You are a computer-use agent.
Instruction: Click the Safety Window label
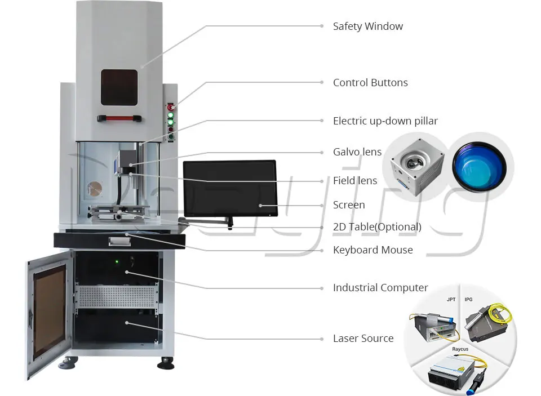pyautogui.click(x=368, y=26)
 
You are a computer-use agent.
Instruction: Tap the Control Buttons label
pyautogui.click(x=370, y=83)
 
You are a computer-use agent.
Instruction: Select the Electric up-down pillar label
pyautogui.click(x=385, y=121)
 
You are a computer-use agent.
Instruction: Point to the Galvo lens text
pyautogui.click(x=357, y=152)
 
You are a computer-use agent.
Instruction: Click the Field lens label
pyautogui.click(x=354, y=180)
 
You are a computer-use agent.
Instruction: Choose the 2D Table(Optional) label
pyautogui.click(x=377, y=227)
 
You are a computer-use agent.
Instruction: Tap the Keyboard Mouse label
pyautogui.click(x=373, y=250)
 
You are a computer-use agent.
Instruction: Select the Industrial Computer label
pyautogui.click(x=380, y=288)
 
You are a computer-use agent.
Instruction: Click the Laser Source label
pyautogui.click(x=363, y=339)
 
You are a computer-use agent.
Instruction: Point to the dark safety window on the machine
pyautogui.click(x=119, y=87)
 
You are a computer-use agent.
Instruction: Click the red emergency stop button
pyautogui.click(x=170, y=107)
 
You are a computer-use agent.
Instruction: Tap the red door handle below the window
pyautogui.click(x=119, y=119)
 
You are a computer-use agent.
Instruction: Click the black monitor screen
pyautogui.click(x=230, y=188)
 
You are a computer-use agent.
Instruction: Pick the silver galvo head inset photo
pyautogui.click(x=417, y=167)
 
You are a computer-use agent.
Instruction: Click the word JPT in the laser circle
pyautogui.click(x=451, y=300)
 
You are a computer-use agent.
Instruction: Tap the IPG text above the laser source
pyautogui.click(x=468, y=300)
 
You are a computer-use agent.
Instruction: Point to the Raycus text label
pyautogui.click(x=460, y=349)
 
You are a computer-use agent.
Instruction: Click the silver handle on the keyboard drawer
pyautogui.click(x=119, y=241)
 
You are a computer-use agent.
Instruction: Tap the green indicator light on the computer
pyautogui.click(x=117, y=262)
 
